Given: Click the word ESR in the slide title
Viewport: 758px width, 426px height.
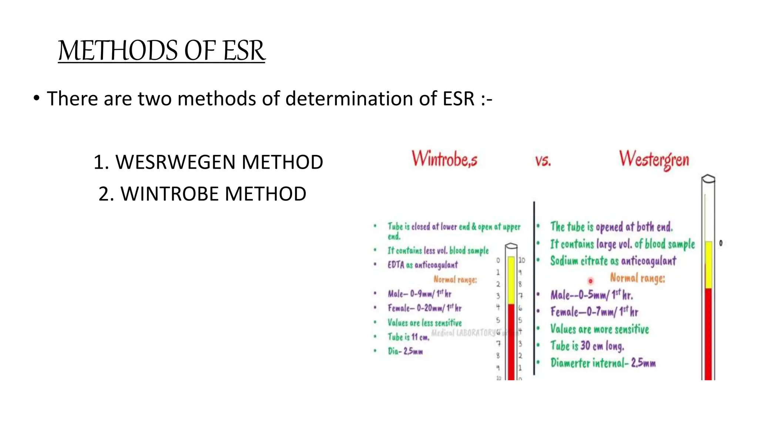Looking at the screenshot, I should coord(244,51).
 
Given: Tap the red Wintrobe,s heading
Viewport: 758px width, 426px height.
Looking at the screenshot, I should coord(444,159).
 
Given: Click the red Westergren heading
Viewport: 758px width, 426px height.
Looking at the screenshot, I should coord(654,159).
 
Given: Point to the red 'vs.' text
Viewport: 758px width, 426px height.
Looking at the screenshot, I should coord(543,161).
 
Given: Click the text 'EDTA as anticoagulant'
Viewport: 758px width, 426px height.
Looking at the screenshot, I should coord(422,265).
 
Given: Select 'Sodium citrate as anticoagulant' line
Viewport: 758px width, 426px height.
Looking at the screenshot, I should coord(613,261).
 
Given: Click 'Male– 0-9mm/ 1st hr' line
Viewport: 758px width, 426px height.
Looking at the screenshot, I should coord(419,294).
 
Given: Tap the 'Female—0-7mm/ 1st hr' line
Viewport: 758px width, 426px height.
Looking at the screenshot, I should coord(594,312).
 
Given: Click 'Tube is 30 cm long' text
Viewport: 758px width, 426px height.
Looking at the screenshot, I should coord(587,346).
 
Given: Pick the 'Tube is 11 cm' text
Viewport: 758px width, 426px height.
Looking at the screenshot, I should coord(408,337).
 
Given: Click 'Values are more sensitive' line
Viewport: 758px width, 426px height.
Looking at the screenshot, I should coord(599,329).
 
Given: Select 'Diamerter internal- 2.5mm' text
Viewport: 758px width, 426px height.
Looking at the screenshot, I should coord(603,363).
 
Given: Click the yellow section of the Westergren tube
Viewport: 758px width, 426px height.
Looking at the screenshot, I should coord(708,264).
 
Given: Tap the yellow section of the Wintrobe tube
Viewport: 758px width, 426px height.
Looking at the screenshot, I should coord(511,280).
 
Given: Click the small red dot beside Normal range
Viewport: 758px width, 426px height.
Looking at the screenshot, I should coord(590,281).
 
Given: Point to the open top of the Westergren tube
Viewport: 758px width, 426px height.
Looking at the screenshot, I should coord(708,179).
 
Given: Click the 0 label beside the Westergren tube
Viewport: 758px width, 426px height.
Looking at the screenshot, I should coord(721,243).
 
